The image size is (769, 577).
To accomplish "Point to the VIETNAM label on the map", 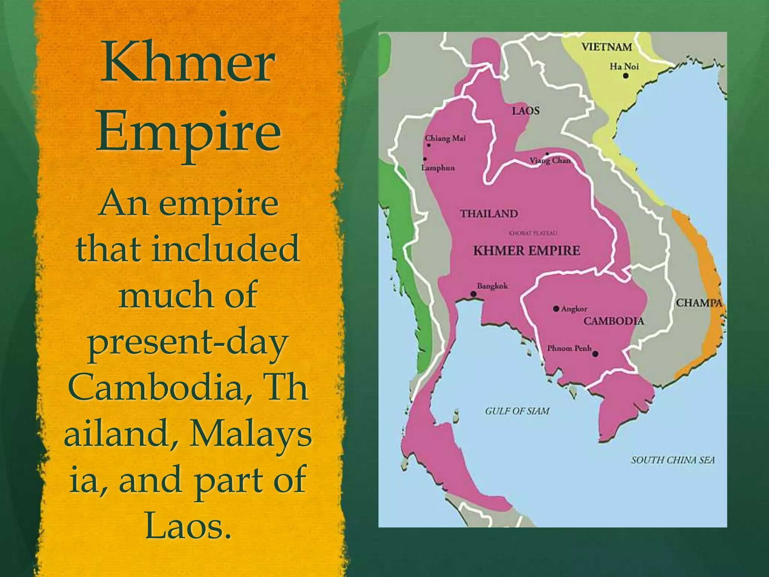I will (607, 47).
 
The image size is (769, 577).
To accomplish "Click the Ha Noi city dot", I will (626, 76).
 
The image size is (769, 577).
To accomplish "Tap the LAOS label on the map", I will (526, 111).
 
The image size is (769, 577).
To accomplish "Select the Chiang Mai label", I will (446, 138).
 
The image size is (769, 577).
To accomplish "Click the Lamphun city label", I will (438, 168).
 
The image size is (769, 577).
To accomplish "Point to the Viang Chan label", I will (550, 161).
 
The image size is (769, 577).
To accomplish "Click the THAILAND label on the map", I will (489, 214).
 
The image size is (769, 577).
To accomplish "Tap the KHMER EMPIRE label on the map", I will (526, 251).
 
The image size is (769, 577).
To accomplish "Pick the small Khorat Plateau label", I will (533, 233).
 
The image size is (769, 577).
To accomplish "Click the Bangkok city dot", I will (473, 294).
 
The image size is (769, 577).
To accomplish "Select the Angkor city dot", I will (556, 309).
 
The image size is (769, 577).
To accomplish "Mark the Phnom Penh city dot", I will (595, 354).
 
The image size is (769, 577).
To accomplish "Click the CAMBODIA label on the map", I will (614, 321).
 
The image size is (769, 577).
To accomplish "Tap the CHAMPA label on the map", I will (699, 303).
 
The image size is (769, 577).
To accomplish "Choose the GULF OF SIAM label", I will (517, 411).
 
